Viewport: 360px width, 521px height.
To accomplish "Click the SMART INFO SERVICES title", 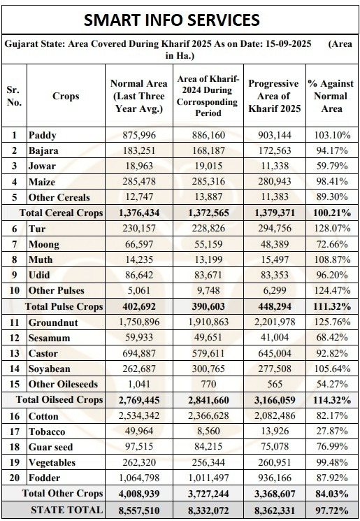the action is (172, 20).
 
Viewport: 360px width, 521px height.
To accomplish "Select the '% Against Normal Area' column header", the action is (331, 96).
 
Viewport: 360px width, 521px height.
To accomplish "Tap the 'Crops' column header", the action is (66, 96).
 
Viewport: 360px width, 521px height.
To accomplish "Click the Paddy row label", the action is (42, 135).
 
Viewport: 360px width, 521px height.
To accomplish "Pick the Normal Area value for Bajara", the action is (139, 150).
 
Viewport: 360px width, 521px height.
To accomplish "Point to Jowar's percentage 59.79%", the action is (332, 166).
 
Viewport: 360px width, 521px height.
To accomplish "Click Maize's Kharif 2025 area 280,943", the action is (275, 181).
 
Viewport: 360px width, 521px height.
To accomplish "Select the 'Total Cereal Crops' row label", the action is (61, 213).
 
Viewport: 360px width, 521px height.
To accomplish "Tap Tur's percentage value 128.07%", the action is (332, 228).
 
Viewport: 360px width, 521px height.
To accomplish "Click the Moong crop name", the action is (44, 244).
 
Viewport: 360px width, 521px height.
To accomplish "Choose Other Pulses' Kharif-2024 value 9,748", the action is (208, 290).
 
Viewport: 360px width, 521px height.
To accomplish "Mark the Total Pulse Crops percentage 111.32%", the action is (332, 306).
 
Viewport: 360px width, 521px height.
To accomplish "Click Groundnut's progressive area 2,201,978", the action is (275, 322).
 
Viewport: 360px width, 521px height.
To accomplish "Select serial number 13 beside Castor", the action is (14, 353).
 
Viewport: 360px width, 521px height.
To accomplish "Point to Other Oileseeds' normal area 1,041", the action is (139, 384).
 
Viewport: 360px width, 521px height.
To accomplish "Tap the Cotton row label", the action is (43, 416).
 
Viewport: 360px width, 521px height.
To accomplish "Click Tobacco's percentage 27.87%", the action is (332, 431).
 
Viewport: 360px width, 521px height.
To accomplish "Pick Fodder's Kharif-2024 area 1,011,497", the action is (208, 478).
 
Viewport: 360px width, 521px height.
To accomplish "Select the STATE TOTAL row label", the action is (66, 510).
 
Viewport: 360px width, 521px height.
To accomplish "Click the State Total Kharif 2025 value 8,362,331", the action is (275, 511).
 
